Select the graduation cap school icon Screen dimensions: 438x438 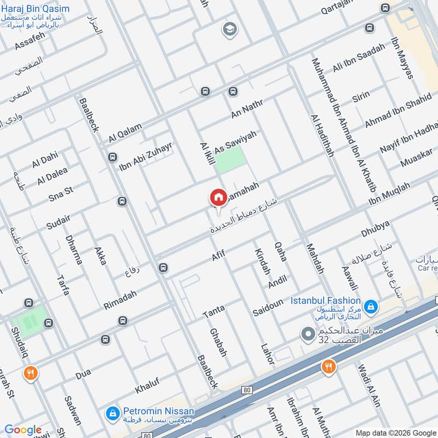229,30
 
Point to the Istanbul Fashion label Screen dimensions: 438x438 325,301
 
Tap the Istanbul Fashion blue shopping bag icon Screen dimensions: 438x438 371,307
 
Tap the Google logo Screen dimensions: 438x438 23,430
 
